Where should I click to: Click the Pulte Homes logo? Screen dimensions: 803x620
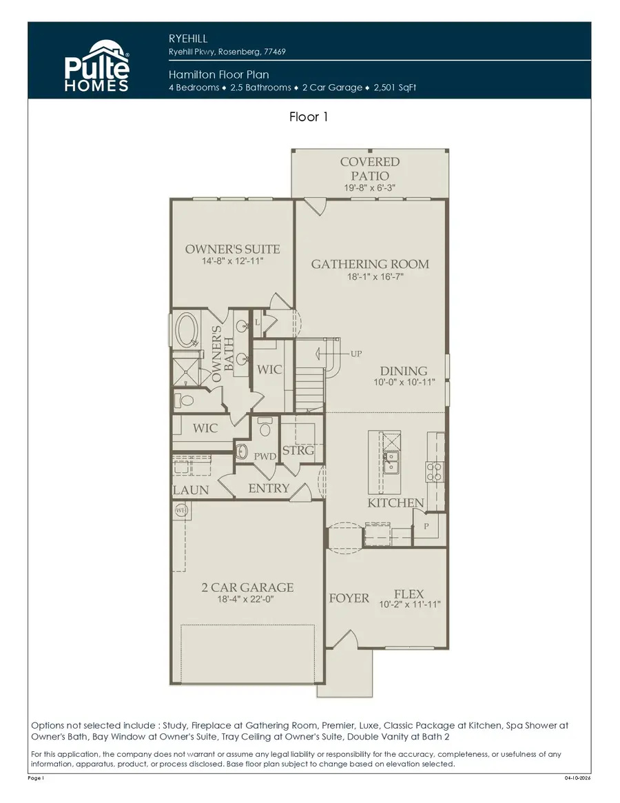[96, 65]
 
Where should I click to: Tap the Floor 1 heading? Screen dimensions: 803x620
[309, 117]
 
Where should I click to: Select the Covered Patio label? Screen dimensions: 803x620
[369, 167]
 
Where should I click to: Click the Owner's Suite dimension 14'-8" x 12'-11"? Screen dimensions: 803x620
[232, 262]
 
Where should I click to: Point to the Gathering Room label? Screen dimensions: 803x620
[370, 264]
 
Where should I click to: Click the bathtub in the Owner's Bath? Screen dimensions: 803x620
[187, 330]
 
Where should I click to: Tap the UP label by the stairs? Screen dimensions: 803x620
[356, 354]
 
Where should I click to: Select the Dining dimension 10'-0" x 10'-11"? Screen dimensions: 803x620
[403, 383]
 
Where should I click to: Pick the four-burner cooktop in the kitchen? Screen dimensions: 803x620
[435, 471]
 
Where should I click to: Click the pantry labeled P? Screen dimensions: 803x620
[426, 525]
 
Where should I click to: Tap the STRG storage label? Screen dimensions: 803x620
[298, 451]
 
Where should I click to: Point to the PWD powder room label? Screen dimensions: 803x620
[265, 456]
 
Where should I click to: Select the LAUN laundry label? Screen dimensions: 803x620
[190, 490]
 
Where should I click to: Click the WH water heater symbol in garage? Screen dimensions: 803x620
[181, 511]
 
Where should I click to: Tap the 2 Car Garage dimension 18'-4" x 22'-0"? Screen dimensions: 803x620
[247, 600]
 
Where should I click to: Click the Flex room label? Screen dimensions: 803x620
[409, 594]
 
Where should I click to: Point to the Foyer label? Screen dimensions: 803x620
[349, 598]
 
